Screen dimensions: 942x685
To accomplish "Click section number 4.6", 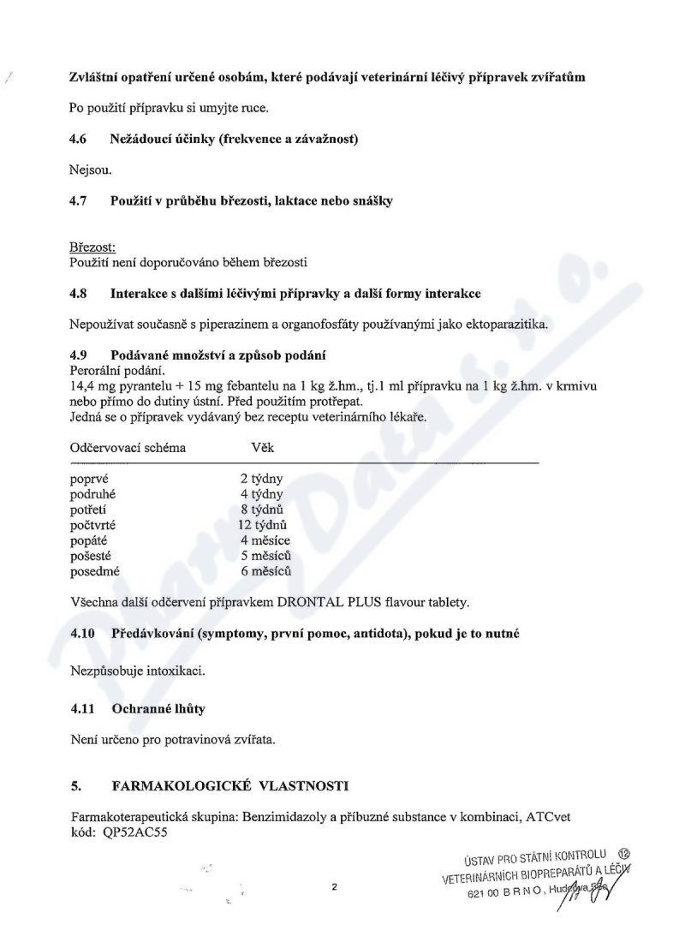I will [78, 138].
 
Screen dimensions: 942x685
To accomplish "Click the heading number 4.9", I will [78, 355].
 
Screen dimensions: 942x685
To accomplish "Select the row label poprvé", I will [87, 480].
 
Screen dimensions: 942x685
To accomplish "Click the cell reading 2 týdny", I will [262, 480].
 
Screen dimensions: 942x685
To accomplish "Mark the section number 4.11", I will [80, 709].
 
